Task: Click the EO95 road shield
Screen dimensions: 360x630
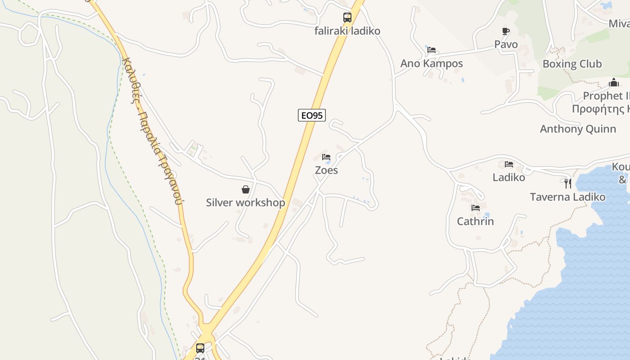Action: point(311,115)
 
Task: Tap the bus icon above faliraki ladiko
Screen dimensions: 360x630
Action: point(347,18)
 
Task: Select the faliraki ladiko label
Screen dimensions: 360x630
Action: point(347,31)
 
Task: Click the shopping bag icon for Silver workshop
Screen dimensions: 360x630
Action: point(246,189)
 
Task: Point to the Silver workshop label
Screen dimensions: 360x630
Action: point(245,202)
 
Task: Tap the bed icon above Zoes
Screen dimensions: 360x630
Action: point(326,157)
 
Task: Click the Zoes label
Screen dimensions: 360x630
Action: point(326,170)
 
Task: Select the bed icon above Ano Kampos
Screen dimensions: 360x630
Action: point(432,50)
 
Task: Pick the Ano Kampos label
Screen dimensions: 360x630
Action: point(432,63)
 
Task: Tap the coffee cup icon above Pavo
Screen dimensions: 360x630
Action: point(506,31)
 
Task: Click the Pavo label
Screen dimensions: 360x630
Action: point(506,45)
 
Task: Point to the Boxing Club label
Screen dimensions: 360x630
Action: point(572,64)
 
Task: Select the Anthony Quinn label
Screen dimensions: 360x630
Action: point(578,129)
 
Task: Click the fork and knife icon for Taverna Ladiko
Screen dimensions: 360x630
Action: point(568,183)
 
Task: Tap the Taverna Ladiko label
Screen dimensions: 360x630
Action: point(567,197)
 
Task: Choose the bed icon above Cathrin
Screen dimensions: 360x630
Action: point(475,208)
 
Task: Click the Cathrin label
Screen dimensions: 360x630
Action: point(475,221)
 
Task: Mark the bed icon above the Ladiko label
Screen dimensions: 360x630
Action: point(509,164)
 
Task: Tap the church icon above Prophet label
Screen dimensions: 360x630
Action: point(613,83)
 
